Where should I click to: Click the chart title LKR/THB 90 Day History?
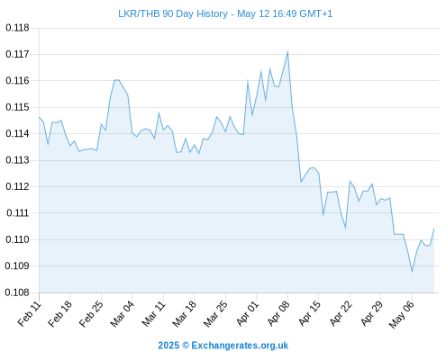click(x=173, y=14)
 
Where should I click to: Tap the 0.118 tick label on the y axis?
click(x=17, y=28)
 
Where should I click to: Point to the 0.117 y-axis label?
click(x=17, y=54)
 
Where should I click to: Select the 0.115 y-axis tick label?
click(x=17, y=107)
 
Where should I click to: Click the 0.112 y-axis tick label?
click(x=17, y=186)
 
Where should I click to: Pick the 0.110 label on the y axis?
click(x=17, y=239)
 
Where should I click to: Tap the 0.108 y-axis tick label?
click(x=17, y=292)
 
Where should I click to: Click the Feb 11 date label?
click(x=29, y=313)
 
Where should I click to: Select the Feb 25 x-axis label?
click(x=91, y=313)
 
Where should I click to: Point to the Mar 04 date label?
click(x=122, y=313)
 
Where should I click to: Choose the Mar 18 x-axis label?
click(x=184, y=313)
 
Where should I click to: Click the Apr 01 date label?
click(x=247, y=313)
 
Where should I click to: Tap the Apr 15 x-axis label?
click(x=309, y=313)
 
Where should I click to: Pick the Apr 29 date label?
click(x=371, y=313)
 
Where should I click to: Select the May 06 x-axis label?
click(x=401, y=314)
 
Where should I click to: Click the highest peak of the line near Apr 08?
click(x=287, y=51)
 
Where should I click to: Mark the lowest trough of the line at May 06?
click(x=412, y=272)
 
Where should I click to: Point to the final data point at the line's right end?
click(x=434, y=229)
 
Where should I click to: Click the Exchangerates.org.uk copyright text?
click(x=223, y=346)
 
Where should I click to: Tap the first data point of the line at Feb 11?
click(x=40, y=117)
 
